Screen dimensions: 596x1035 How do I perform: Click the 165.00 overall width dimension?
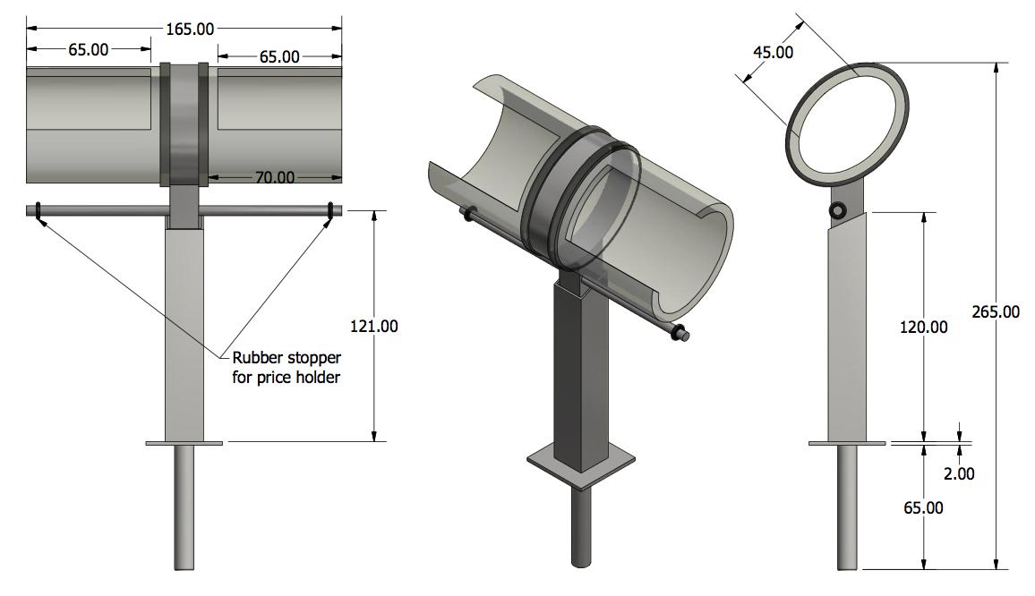(190, 30)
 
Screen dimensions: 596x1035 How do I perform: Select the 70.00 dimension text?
(274, 177)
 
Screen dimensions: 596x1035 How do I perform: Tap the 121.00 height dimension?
(374, 326)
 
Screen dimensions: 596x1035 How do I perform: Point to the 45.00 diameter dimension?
(773, 53)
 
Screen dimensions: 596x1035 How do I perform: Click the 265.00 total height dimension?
(995, 311)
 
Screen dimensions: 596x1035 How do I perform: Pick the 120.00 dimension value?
(923, 327)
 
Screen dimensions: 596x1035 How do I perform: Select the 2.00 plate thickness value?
(959, 473)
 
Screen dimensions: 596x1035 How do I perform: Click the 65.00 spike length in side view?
(923, 507)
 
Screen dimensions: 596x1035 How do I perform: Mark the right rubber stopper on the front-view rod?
(330, 211)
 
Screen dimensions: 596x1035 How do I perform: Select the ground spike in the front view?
(184, 506)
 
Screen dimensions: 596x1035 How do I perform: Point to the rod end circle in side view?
(837, 210)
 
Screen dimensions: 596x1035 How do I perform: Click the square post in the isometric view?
(581, 376)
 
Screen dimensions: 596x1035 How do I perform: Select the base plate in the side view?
(847, 443)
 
